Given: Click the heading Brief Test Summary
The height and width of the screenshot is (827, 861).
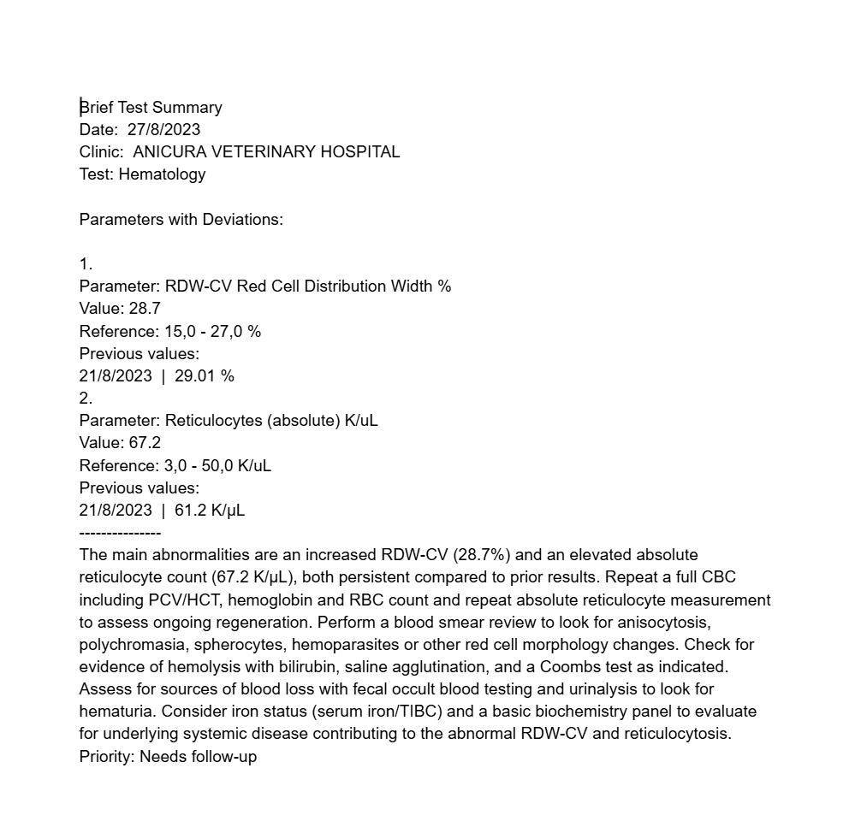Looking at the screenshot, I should (x=151, y=108).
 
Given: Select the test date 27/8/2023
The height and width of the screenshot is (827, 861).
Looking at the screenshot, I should (x=163, y=130).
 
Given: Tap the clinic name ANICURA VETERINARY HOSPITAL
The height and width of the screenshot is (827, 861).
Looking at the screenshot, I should (x=266, y=152).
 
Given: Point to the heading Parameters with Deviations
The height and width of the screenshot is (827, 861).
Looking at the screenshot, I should (x=181, y=219).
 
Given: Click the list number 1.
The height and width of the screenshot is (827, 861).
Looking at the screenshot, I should (x=86, y=264).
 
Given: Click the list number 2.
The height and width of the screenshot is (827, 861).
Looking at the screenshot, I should (x=86, y=398).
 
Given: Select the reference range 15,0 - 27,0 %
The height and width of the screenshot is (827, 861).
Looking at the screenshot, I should (x=212, y=331).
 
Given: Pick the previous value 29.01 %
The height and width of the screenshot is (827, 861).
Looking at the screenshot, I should (x=204, y=375).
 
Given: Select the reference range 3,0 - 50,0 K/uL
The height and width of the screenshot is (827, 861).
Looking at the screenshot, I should (x=217, y=465).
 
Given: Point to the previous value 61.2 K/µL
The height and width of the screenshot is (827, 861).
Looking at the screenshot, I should (x=209, y=511).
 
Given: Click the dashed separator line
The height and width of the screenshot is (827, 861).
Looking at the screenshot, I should (x=120, y=533).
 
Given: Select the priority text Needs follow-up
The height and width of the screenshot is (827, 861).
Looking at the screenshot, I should (x=198, y=756).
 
